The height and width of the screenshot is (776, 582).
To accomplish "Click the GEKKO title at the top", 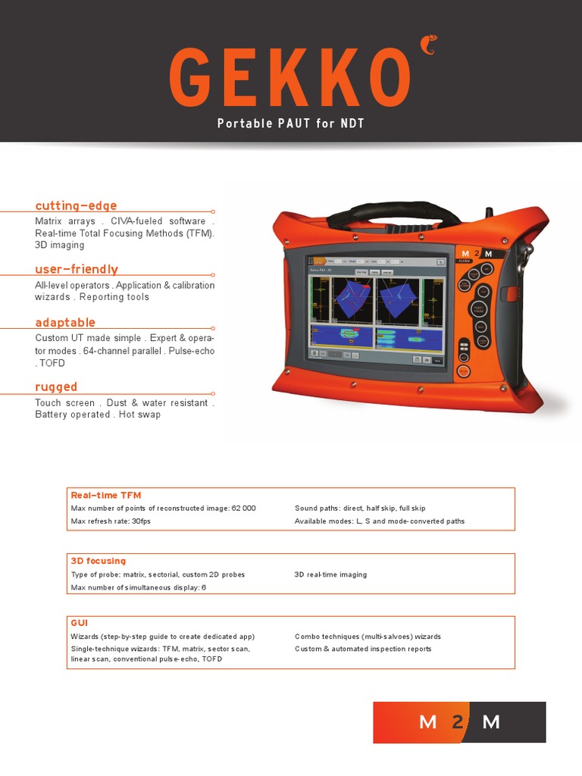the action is coord(291,78).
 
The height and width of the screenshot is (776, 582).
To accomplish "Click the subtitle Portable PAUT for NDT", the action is coord(291,124).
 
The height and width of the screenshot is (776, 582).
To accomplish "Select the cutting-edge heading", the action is coord(76,206).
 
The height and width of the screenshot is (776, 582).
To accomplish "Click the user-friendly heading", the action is coord(77,269).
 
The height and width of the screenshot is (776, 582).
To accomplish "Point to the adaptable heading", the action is coord(65,322).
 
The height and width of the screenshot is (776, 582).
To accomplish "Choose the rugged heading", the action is coord(56,386).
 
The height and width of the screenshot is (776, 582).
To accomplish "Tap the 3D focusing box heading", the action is coord(99,561).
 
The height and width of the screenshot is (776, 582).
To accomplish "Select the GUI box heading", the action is coord(79,623).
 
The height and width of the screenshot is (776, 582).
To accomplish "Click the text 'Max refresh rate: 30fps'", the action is coord(111,521).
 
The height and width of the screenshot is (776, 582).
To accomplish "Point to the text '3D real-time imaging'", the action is coord(330,574).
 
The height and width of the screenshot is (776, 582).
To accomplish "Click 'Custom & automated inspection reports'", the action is coord(363,649).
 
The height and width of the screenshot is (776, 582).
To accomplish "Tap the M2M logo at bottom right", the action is coord(459,722).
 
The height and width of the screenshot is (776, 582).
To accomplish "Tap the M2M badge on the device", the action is coord(477,253).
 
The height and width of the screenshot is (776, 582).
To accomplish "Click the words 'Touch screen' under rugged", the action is coord(64,403).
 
